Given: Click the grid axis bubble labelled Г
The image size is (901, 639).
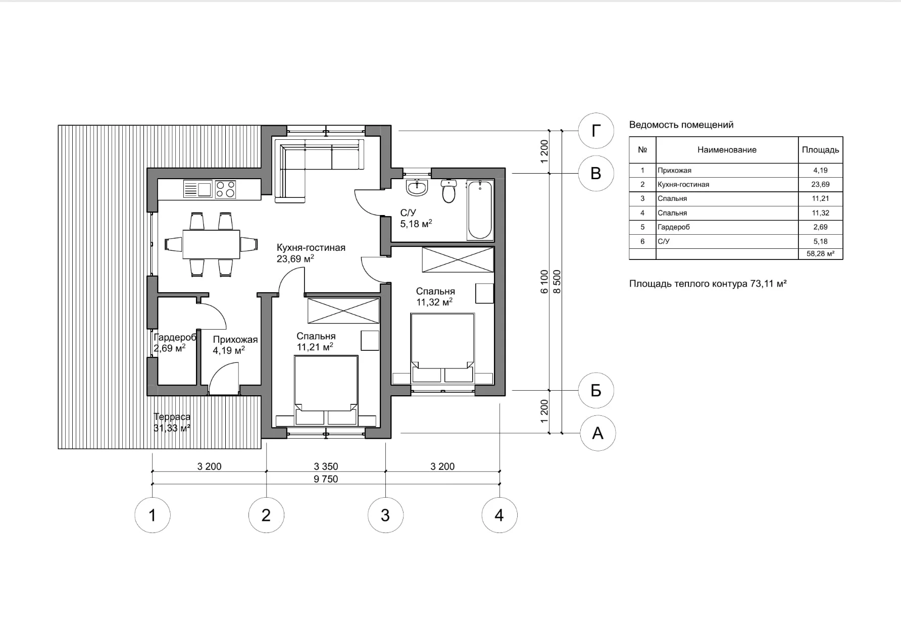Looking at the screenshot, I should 596,131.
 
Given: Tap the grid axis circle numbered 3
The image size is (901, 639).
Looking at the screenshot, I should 385,515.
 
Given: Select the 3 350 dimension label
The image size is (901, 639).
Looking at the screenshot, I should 326,466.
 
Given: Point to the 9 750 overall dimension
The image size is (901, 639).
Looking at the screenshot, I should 326,479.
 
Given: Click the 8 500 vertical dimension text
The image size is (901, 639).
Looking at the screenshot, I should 557,282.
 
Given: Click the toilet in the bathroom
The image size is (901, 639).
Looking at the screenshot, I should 448,191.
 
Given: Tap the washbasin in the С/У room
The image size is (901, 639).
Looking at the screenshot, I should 417,188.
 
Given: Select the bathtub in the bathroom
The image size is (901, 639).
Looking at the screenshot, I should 480,210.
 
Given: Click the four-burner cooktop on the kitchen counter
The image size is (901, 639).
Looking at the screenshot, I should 225,189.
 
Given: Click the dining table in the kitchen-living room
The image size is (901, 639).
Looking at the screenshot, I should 211,244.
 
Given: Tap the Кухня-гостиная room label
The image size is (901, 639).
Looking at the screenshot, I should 311,247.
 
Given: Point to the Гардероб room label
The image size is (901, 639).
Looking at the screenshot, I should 175,338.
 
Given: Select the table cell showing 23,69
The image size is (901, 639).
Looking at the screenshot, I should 820,184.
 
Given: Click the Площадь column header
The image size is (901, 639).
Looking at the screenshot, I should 820,150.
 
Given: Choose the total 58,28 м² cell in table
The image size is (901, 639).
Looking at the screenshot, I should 820,254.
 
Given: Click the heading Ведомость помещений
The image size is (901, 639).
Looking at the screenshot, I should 681,125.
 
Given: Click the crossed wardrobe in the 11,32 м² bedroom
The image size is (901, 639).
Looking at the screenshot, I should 458,259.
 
